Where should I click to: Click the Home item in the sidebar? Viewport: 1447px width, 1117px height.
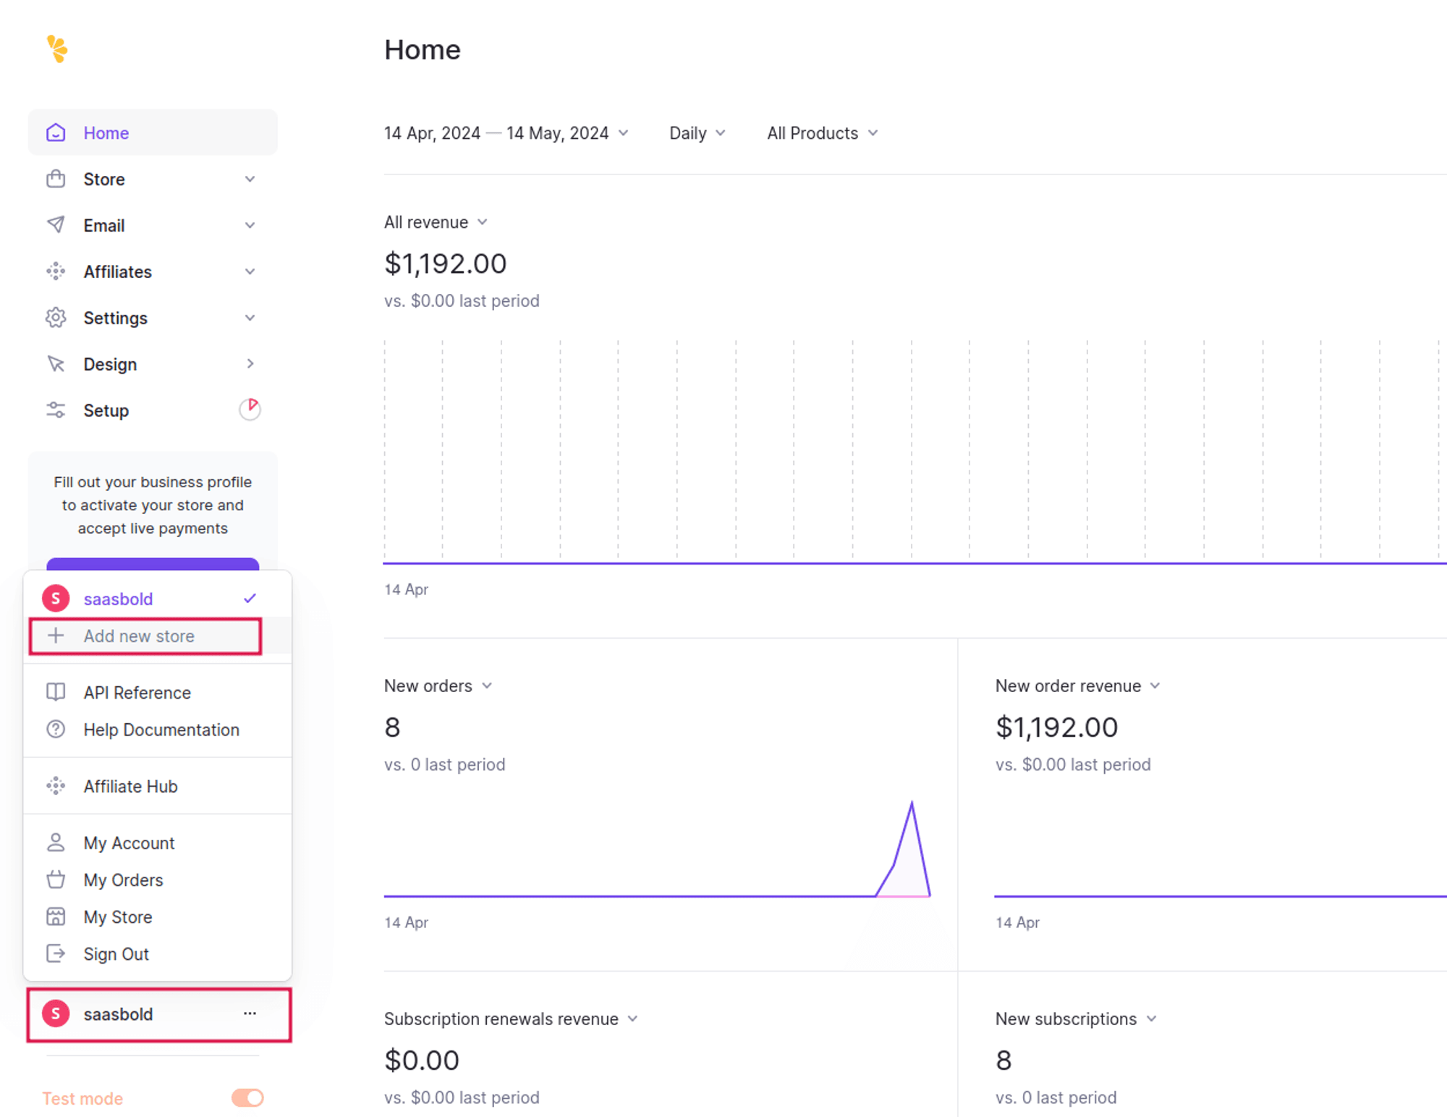[106, 133]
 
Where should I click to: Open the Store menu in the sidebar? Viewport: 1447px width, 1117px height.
[104, 180]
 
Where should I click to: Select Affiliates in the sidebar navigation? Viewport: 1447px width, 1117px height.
[117, 272]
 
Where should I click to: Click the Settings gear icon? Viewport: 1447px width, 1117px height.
[56, 318]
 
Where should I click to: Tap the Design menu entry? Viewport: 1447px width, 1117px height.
[110, 364]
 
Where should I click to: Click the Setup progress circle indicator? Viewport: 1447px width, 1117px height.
[250, 409]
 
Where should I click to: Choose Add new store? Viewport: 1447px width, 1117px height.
[139, 636]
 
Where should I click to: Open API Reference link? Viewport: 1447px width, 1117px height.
[137, 693]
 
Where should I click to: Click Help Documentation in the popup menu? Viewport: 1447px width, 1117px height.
[161, 730]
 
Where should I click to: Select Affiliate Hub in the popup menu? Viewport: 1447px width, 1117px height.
[130, 786]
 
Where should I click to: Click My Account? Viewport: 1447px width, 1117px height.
[129, 843]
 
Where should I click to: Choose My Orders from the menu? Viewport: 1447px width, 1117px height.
[123, 880]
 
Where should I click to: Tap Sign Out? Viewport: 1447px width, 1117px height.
[116, 954]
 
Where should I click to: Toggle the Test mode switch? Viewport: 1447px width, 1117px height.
[247, 1098]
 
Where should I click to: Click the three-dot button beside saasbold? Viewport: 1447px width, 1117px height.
[250, 1013]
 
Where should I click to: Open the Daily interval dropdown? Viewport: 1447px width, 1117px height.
[697, 133]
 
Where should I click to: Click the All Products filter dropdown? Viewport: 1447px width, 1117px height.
[822, 133]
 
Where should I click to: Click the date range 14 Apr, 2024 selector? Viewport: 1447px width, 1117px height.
[506, 133]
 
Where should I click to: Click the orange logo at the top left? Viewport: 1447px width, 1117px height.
[57, 49]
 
